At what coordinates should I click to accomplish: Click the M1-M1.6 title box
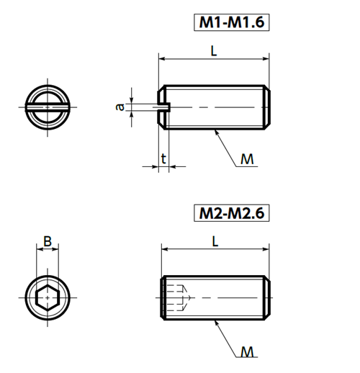(x=232, y=22)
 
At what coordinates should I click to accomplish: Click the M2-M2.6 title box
(x=232, y=213)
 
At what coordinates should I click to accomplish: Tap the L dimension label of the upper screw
(x=214, y=51)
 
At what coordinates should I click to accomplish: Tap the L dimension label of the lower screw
(x=215, y=242)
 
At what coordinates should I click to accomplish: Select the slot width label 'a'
(x=120, y=107)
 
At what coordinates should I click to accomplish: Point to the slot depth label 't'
(x=163, y=159)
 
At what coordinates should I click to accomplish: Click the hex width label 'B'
(x=48, y=241)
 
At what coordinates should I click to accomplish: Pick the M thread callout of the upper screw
(x=247, y=159)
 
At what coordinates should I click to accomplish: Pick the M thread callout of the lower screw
(x=247, y=352)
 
